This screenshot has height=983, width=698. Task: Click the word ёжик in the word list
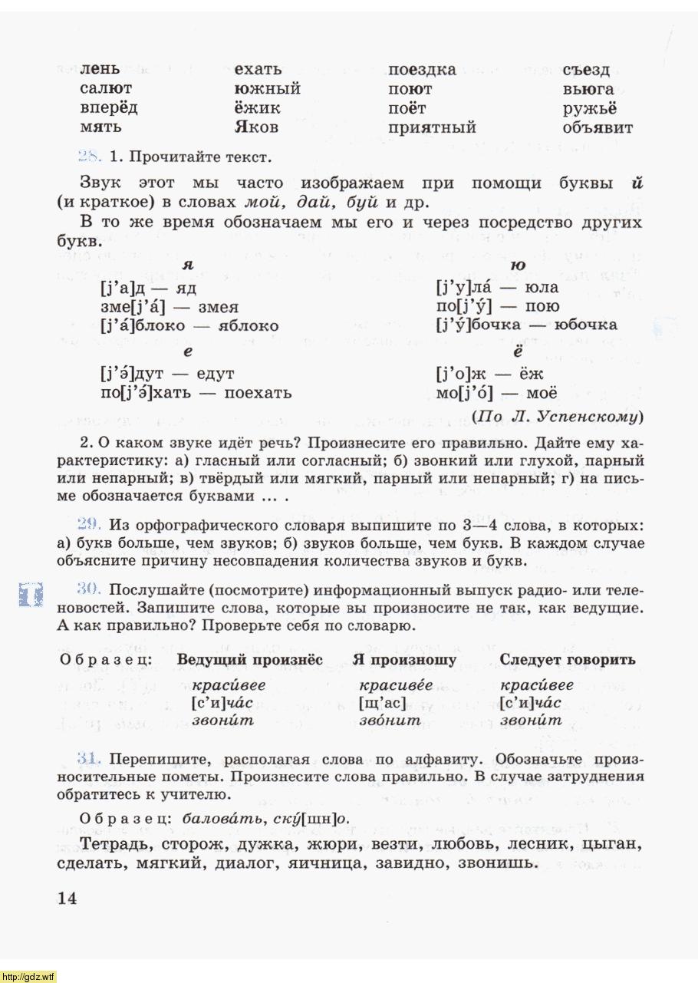[257, 108]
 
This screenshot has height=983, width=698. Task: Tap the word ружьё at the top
[589, 108]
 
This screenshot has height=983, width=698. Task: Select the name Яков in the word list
[256, 127]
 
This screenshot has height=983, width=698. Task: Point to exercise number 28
[90, 157]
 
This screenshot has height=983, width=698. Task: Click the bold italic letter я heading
[188, 266]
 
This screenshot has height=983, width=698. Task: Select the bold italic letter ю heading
[518, 266]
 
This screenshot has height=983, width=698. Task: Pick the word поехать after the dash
[258, 393]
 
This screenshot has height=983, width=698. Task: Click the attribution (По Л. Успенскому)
[558, 417]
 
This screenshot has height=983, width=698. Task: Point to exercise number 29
[90, 524]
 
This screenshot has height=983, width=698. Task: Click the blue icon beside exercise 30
[31, 595]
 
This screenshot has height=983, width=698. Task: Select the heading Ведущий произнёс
[250, 660]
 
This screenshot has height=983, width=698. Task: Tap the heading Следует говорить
[568, 660]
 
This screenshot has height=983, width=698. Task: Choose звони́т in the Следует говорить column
[531, 721]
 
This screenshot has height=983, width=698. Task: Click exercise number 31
[90, 759]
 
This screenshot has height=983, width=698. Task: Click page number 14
[67, 899]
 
